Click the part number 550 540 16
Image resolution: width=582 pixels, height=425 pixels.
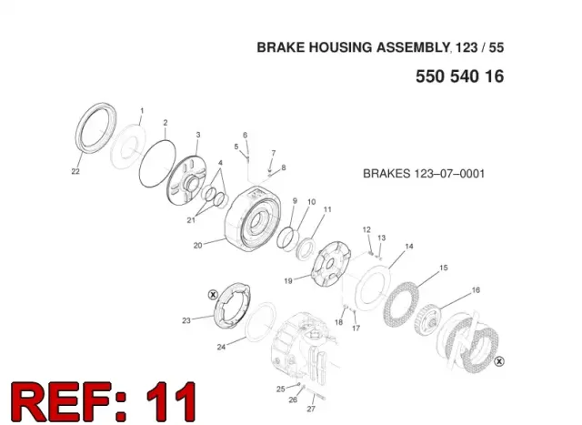pyautogui.click(x=459, y=76)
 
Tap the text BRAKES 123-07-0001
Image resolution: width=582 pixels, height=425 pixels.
pyautogui.click(x=424, y=174)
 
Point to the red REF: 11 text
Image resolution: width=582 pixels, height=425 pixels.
pyautogui.click(x=104, y=402)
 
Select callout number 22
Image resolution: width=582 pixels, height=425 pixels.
pyautogui.click(x=75, y=171)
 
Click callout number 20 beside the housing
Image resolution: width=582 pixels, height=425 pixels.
pyautogui.click(x=197, y=245)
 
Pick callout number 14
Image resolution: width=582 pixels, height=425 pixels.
pyautogui.click(x=408, y=246)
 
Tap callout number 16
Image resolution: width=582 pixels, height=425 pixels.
pyautogui.click(x=476, y=289)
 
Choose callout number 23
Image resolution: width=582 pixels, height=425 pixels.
pyautogui.click(x=186, y=320)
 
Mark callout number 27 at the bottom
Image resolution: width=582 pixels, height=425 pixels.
pyautogui.click(x=311, y=409)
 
